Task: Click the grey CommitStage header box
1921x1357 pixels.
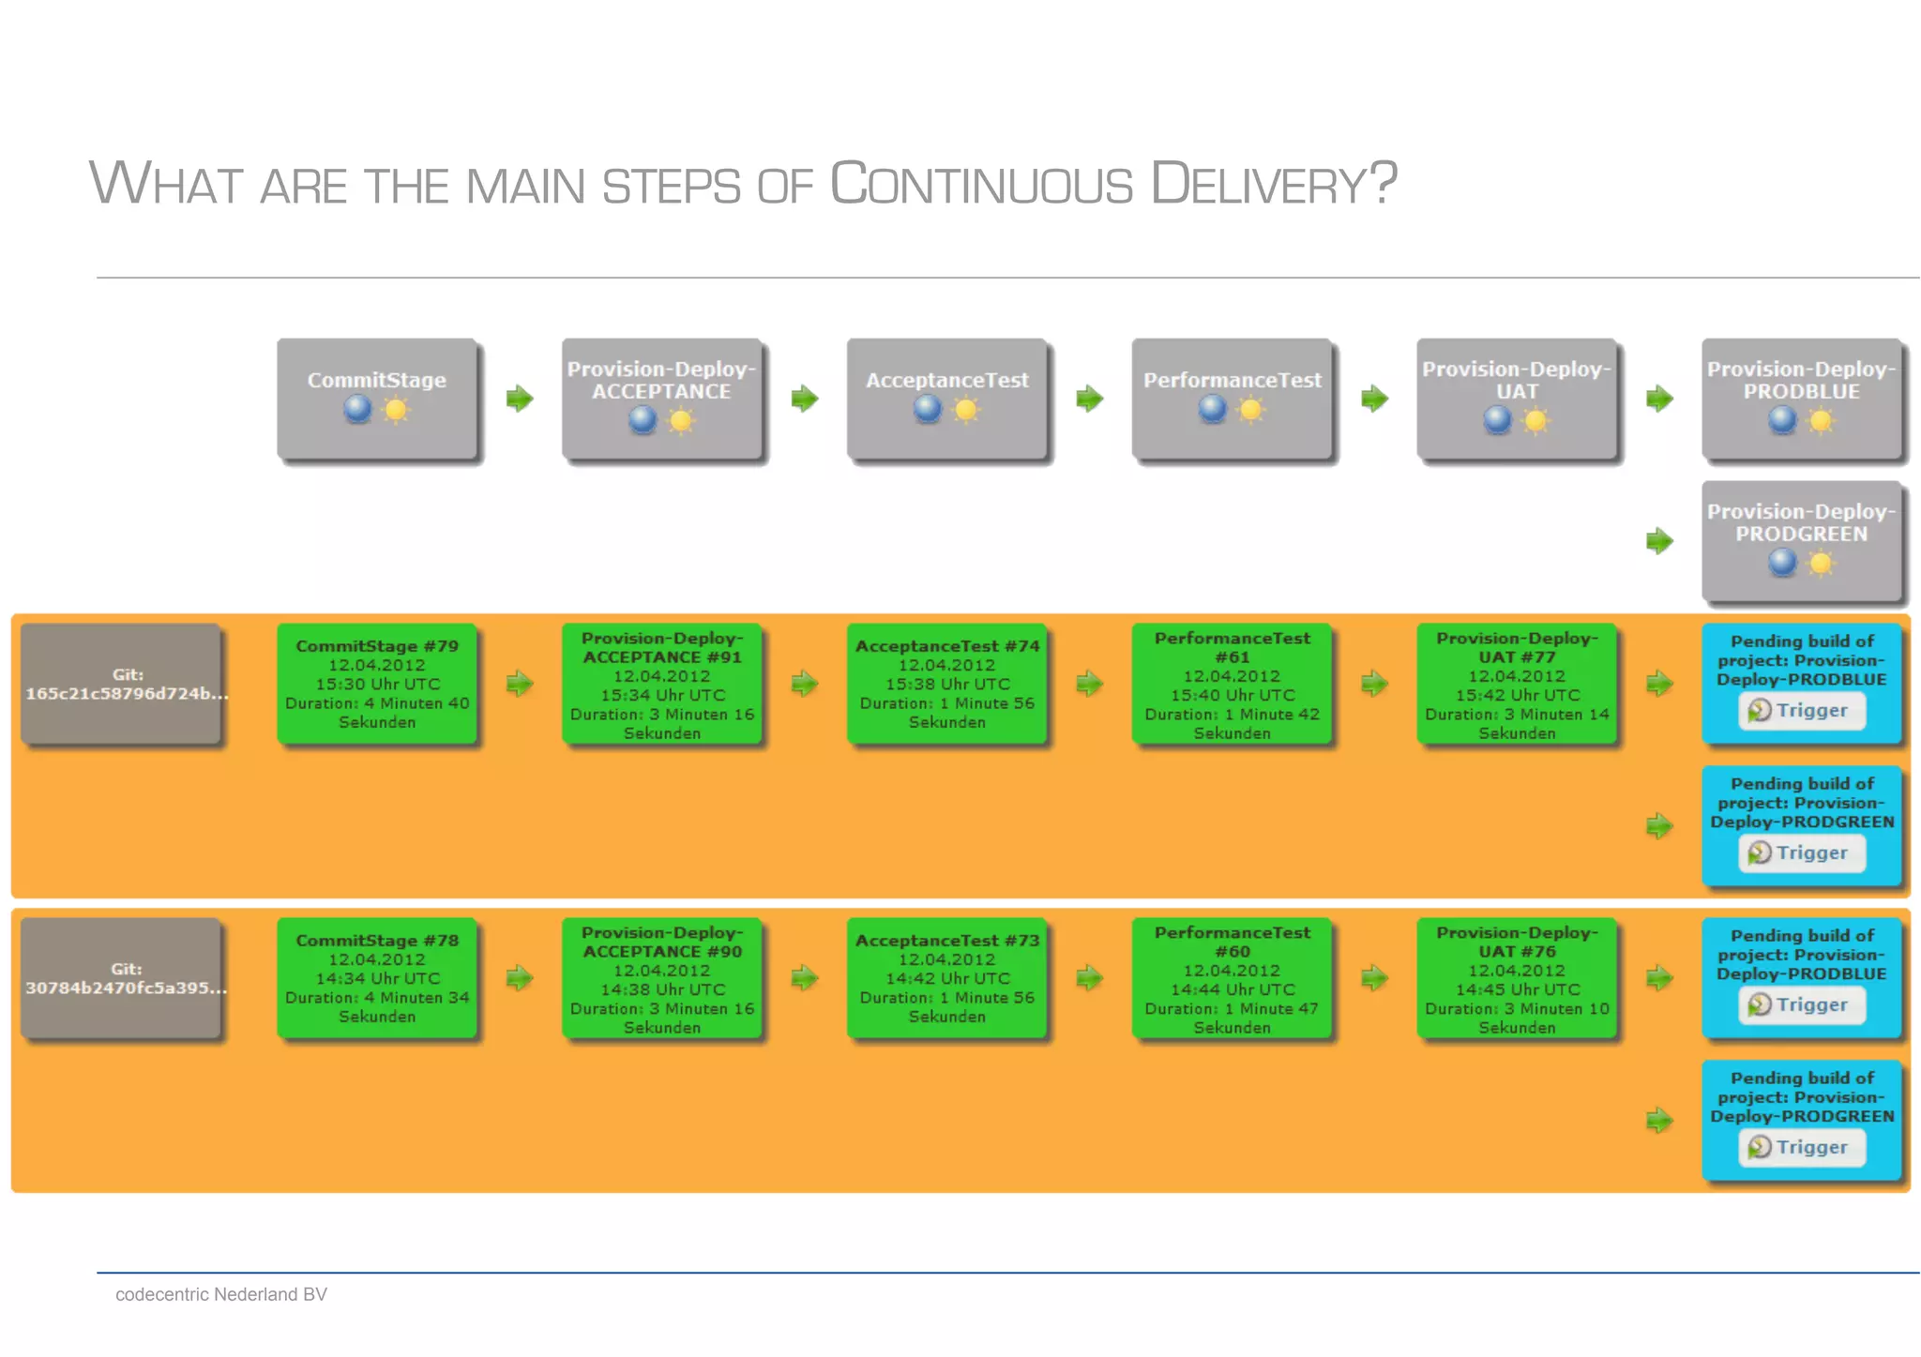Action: point(377,399)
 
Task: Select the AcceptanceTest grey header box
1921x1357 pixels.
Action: point(946,399)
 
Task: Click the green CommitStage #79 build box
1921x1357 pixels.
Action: point(377,684)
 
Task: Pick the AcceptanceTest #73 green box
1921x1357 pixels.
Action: point(946,978)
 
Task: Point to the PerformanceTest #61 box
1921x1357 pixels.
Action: point(1232,684)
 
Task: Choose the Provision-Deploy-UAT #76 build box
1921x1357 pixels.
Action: point(1517,978)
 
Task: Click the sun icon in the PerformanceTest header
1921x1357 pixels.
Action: point(1250,410)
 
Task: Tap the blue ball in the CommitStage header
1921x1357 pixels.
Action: point(357,409)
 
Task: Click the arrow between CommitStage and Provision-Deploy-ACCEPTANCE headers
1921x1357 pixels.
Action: point(520,399)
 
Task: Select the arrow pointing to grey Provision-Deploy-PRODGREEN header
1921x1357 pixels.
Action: point(1659,541)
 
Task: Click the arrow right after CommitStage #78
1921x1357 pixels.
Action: point(520,978)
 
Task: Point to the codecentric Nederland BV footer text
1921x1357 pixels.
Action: point(221,1294)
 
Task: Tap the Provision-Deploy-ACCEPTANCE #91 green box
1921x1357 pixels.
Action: point(662,684)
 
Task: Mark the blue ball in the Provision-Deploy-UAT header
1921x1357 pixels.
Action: point(1497,420)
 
